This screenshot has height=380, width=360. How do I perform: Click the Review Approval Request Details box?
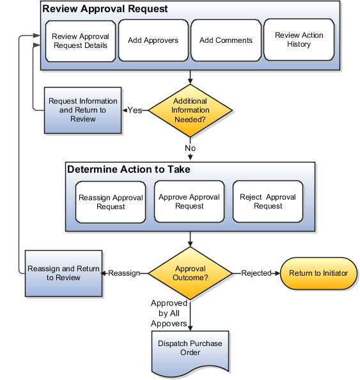click(81, 40)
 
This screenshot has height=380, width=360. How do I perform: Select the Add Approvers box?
click(153, 40)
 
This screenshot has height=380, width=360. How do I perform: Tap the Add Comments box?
click(226, 40)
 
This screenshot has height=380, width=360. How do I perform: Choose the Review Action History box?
click(299, 40)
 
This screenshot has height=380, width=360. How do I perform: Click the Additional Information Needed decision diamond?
click(190, 110)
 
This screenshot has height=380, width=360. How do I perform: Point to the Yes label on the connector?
click(134, 110)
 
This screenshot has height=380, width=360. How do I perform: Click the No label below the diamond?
click(190, 148)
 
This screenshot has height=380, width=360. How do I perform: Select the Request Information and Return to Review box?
click(83, 110)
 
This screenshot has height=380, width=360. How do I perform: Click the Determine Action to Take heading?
click(129, 170)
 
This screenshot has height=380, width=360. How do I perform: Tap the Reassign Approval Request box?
click(111, 202)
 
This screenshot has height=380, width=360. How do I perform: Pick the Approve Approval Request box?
click(189, 202)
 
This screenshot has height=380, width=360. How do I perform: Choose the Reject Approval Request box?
click(268, 202)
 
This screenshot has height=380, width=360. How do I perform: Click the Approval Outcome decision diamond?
click(190, 273)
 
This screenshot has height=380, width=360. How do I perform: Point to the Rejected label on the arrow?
click(256, 273)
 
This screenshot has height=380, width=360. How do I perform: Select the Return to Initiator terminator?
click(318, 273)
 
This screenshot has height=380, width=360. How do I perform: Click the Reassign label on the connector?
click(124, 273)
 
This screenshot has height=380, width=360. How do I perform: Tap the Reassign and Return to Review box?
click(63, 273)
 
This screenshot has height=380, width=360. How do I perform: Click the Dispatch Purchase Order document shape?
click(190, 349)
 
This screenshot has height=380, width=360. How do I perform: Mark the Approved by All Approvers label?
click(169, 313)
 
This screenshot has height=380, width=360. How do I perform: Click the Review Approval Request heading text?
click(105, 9)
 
